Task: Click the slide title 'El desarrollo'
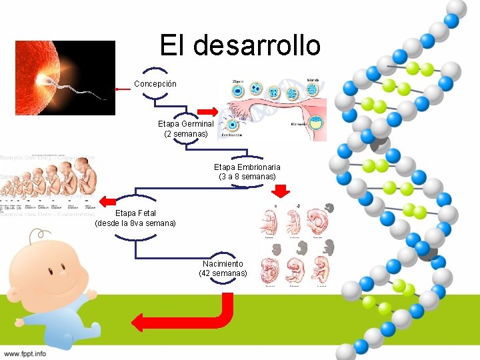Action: [x=240, y=45]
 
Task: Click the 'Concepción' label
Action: [x=155, y=84]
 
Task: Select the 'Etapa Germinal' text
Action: [x=186, y=124]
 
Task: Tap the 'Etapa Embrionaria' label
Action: [x=247, y=167]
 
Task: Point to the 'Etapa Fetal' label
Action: [x=136, y=213]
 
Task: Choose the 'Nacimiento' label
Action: [x=223, y=264]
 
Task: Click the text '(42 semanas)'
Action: [x=223, y=273]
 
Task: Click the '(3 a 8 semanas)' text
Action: [x=247, y=177]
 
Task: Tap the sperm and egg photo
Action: [x=65, y=77]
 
